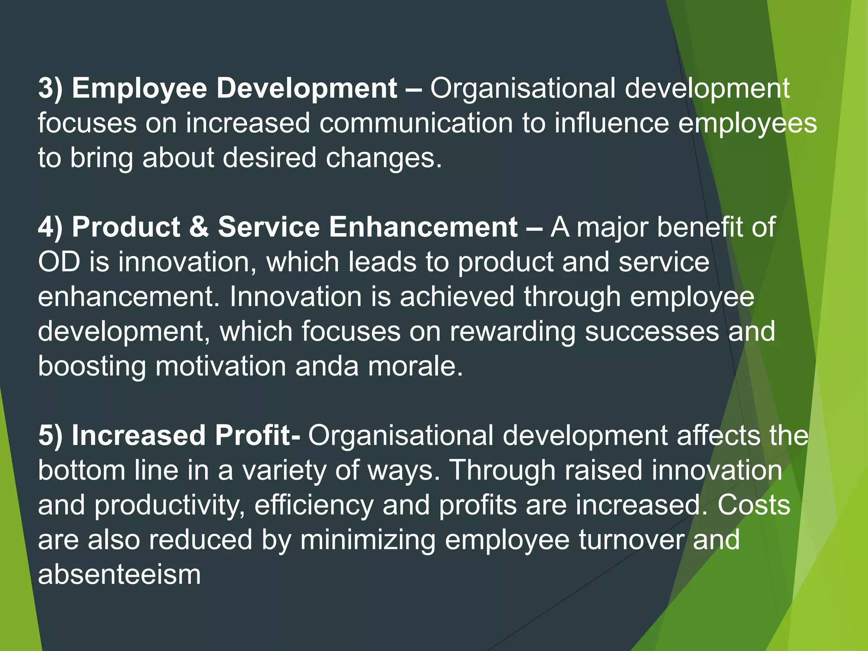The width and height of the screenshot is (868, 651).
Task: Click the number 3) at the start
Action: click(50, 89)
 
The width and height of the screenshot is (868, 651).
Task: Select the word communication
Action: click(416, 123)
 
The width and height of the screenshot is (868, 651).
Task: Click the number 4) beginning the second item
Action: click(50, 227)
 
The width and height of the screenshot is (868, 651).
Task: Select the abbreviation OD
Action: click(59, 262)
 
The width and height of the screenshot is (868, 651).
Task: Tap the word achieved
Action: click(457, 297)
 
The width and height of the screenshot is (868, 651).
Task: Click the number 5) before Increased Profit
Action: click(50, 436)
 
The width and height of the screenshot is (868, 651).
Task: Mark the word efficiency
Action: click(314, 505)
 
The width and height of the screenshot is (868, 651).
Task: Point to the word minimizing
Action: click(368, 540)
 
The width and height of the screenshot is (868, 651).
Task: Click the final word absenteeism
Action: click(119, 575)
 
